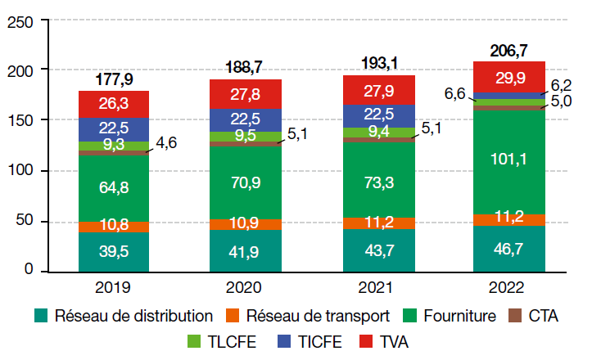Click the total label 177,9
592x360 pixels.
pos(114,79)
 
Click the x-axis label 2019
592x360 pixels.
pos(114,288)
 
